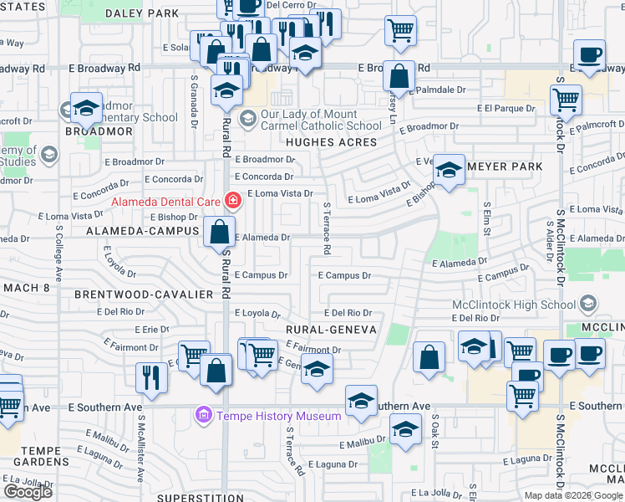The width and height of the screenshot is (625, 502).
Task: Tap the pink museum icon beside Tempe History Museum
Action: [202, 415]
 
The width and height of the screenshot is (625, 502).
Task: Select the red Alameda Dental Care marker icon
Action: [232, 201]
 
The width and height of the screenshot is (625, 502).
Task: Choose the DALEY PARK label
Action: [142, 13]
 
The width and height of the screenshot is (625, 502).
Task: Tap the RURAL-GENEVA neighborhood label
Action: [331, 330]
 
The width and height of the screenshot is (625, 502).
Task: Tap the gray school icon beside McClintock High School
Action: [589, 303]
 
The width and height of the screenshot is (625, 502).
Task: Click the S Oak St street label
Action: [435, 434]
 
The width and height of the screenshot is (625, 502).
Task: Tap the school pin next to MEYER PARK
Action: [450, 172]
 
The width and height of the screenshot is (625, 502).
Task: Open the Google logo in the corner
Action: [28, 492]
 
